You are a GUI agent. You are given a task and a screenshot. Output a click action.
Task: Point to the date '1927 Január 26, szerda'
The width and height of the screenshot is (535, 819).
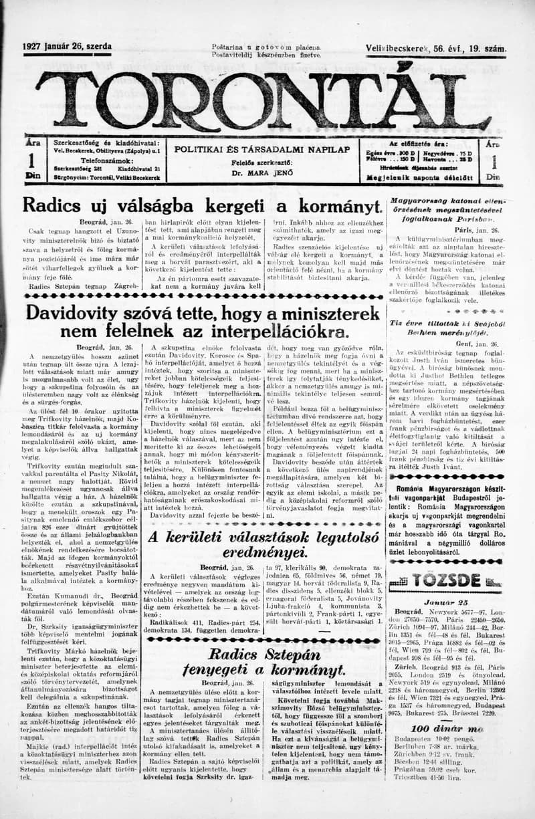coord(68,48)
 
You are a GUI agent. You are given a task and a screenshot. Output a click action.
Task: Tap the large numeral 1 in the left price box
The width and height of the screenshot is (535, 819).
coord(31,162)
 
